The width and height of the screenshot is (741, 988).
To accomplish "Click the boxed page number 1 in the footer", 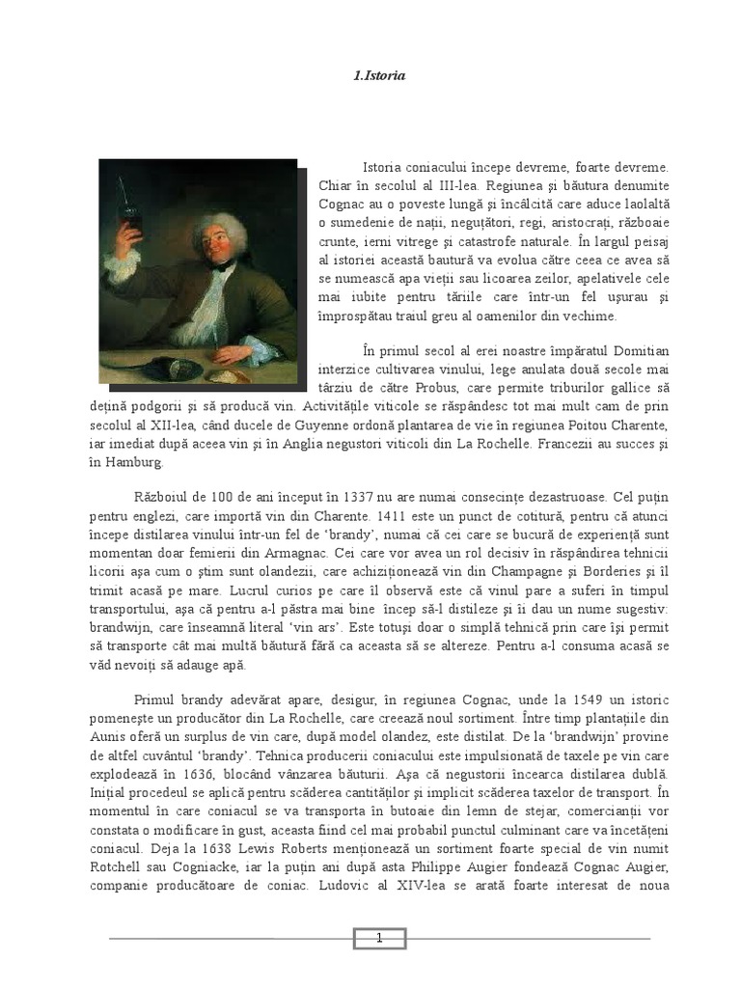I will pyautogui.click(x=379, y=938).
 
